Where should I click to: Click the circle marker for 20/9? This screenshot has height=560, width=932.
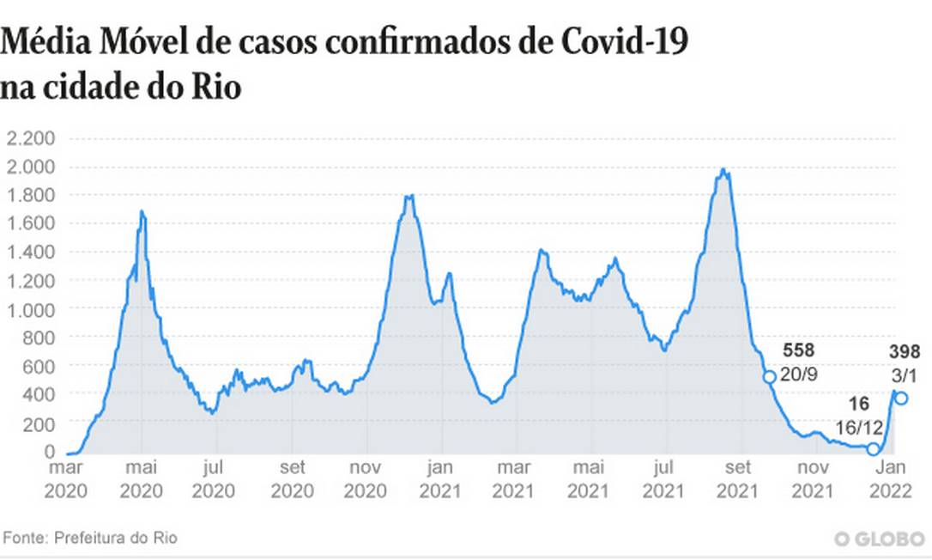pyautogui.click(x=770, y=377)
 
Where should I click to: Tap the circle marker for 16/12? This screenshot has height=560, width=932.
pyautogui.click(x=874, y=449)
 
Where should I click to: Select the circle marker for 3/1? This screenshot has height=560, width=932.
pyautogui.click(x=901, y=398)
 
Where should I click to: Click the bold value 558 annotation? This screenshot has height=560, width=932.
pyautogui.click(x=798, y=350)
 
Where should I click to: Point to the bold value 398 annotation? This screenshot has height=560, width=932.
pyautogui.click(x=905, y=350)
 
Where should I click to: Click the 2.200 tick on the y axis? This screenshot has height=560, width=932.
pyautogui.click(x=31, y=137)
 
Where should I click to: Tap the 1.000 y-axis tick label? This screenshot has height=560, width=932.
pyautogui.click(x=31, y=309)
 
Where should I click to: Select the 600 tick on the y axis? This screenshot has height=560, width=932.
pyautogui.click(x=39, y=366)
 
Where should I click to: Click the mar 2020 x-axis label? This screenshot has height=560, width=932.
pyautogui.click(x=67, y=478)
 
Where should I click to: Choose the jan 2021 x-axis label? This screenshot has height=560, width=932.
pyautogui.click(x=441, y=478)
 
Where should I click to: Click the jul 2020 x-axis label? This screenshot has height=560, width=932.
pyautogui.click(x=215, y=478)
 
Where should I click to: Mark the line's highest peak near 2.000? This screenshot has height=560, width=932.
pyautogui.click(x=724, y=170)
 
